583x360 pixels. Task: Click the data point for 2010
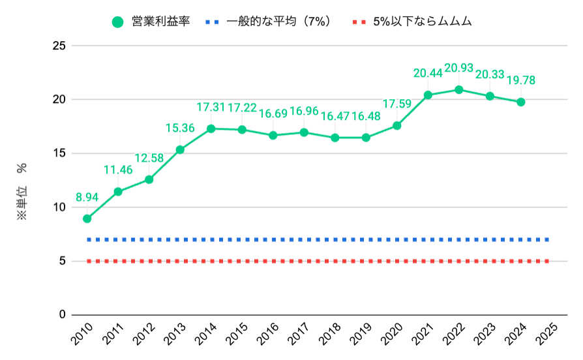[87, 218]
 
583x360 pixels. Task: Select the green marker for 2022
[459, 89]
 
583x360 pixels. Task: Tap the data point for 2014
[211, 128]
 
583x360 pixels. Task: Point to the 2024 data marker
[521, 102]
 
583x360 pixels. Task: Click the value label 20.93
[459, 68]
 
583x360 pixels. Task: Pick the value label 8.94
[87, 196]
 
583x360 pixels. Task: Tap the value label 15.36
[180, 128]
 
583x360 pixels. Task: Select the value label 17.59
[397, 104]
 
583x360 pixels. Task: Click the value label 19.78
[521, 80]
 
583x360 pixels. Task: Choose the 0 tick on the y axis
[63, 315]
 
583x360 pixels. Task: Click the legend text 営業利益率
[161, 22]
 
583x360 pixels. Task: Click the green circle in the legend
[117, 22]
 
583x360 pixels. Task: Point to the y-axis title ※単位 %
[22, 192]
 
